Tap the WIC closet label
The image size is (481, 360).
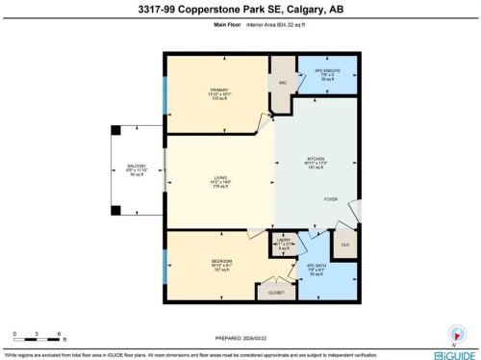[x=283, y=84]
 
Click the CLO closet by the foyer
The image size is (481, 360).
[x=344, y=244]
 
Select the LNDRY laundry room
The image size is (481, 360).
[x=283, y=244]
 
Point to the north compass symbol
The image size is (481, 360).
[x=454, y=333]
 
